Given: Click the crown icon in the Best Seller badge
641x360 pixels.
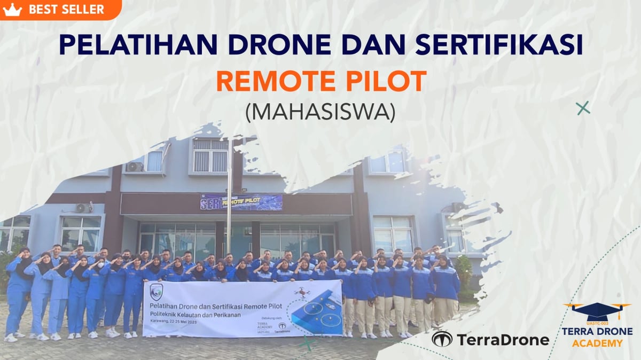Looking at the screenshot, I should [x=12, y=9].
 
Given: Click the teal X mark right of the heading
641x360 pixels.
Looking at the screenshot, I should [x=583, y=108].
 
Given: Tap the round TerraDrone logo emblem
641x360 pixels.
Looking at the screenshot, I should [x=442, y=339].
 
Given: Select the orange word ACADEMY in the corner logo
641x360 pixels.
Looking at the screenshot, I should [x=597, y=343].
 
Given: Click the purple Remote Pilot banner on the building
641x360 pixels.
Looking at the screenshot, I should [x=241, y=202].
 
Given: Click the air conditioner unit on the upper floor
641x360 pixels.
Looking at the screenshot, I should [x=134, y=167].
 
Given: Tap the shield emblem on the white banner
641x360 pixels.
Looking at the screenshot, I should [x=157, y=291].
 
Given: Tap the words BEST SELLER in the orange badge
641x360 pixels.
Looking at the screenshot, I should [x=66, y=9].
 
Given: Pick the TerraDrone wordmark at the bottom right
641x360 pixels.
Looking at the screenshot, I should [x=502, y=340].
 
